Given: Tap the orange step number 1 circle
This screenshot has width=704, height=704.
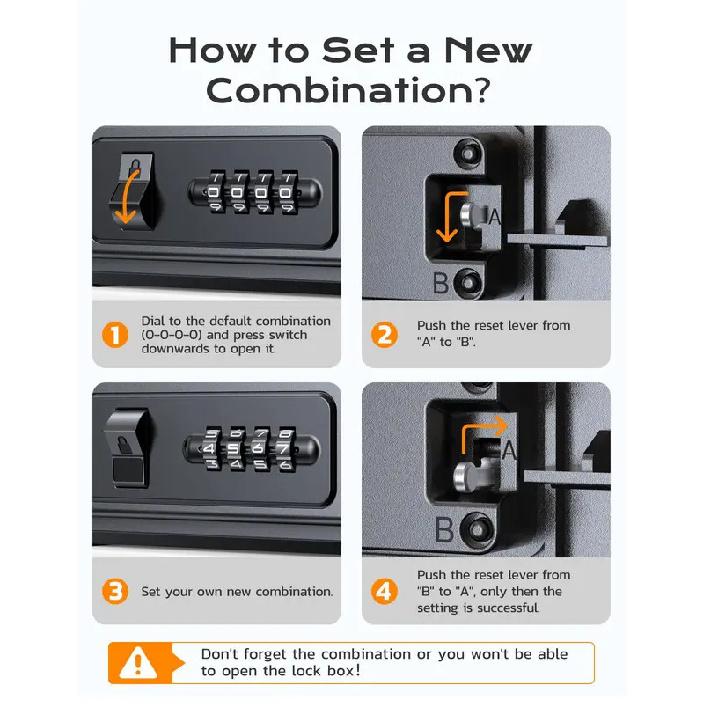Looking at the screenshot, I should tap(117, 335).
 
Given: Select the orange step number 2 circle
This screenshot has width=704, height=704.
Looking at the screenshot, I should tap(384, 335).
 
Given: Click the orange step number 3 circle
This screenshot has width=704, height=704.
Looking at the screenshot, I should tap(117, 591).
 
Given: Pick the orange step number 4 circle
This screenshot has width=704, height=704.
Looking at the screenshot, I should tap(384, 591).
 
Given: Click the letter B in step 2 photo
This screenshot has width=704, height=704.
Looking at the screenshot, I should tap(440, 283).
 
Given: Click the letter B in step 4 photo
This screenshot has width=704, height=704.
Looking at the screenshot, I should tap(443, 528).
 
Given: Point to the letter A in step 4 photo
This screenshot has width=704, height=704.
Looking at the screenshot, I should tap(508, 452).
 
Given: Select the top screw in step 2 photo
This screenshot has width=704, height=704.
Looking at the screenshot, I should tap(465, 153).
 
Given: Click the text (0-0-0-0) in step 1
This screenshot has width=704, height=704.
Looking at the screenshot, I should tap(173, 335).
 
